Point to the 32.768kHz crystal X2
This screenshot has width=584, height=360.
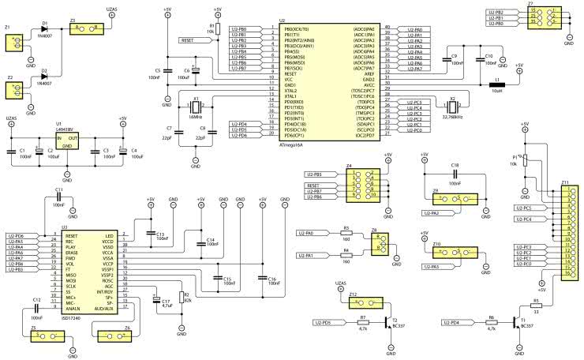click(x=452, y=107)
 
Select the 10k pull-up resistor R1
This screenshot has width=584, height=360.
click(x=217, y=30)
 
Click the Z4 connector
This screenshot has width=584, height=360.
click(x=363, y=184)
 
